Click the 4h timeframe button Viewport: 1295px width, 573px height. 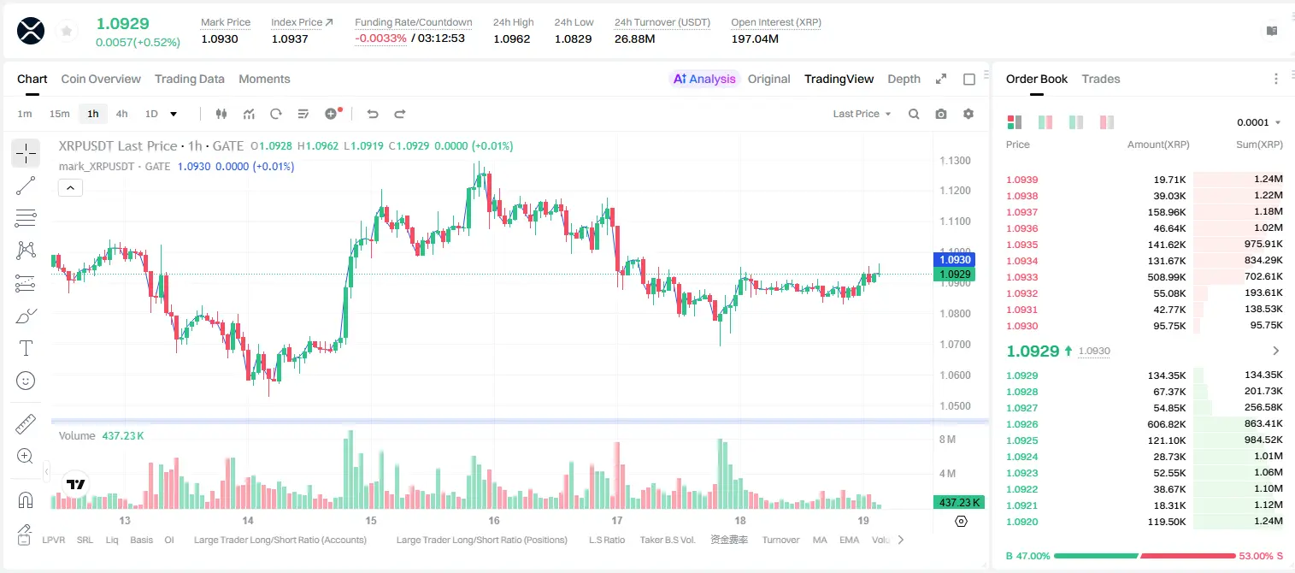tap(121, 114)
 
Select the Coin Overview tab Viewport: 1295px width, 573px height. tap(101, 79)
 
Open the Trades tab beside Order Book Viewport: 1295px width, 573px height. tap(1101, 79)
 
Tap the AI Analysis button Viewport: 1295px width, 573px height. tap(704, 79)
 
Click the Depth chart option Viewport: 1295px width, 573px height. tap(904, 79)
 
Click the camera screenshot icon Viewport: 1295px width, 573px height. tap(941, 114)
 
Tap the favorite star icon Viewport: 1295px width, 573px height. tap(67, 31)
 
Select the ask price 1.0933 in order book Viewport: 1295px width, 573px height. tap(1021, 277)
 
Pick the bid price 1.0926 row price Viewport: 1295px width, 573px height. tap(1021, 424)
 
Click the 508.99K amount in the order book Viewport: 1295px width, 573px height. tap(1166, 277)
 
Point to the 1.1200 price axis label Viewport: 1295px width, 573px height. tap(955, 190)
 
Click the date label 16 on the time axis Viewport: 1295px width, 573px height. tap(494, 520)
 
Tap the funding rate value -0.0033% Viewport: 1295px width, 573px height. tap(380, 38)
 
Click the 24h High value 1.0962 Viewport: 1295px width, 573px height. tap(512, 38)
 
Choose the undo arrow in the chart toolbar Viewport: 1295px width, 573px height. tap(373, 114)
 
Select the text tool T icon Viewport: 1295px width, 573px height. tap(26, 348)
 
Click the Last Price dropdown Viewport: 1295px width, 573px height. tap(862, 114)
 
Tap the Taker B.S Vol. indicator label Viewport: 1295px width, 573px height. tap(667, 540)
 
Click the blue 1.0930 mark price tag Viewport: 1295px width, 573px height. tap(955, 260)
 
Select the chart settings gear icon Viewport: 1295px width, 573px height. tap(968, 114)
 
